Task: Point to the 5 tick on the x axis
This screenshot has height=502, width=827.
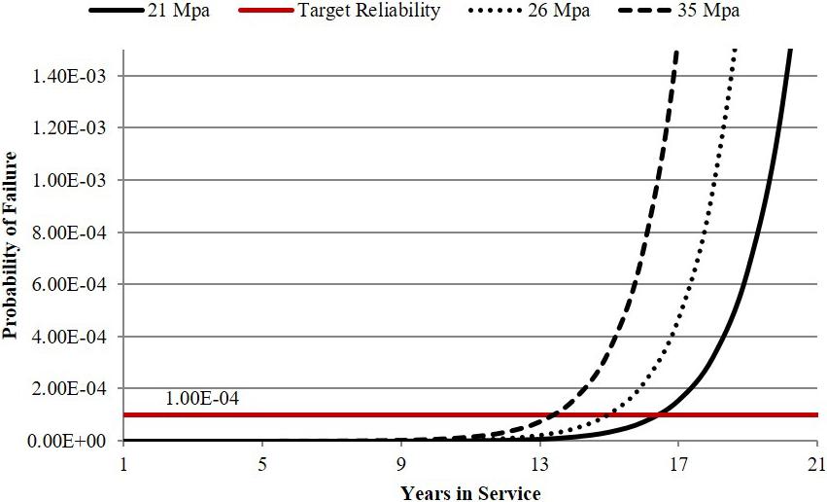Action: (x=262, y=463)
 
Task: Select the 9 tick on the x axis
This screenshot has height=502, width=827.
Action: (x=401, y=463)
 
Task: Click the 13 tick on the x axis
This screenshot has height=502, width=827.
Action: (x=539, y=463)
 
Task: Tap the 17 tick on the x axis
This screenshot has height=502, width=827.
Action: (x=678, y=463)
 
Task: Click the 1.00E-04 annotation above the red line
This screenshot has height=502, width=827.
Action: (x=202, y=398)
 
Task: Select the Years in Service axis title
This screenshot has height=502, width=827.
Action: (x=470, y=491)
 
